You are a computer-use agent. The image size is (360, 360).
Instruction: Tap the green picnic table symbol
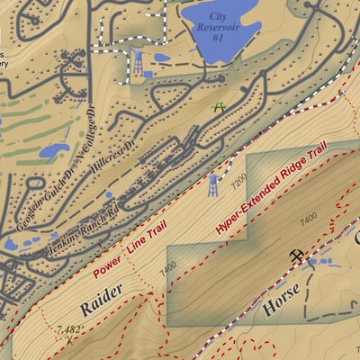tap(218, 108)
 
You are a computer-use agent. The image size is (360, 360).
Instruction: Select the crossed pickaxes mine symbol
tap(297, 256)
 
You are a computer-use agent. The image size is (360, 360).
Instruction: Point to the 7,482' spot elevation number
tap(68, 330)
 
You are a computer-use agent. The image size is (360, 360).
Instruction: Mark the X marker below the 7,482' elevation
tap(69, 340)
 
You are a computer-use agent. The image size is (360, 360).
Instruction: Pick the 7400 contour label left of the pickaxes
tap(309, 217)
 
